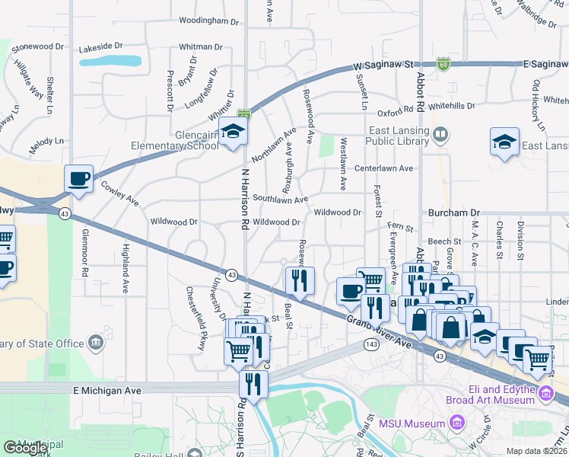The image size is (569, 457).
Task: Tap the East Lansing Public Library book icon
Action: coord(440,136)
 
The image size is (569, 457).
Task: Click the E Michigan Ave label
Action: coord(107,389)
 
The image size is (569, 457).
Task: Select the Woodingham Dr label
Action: coord(208,21)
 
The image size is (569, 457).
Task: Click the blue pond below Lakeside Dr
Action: coord(110,60)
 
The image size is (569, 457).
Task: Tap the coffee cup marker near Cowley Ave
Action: coord(79,179)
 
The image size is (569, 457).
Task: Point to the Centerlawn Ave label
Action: coord(383,168)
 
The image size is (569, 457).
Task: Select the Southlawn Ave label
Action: coord(281,199)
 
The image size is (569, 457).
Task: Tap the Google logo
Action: coord(25,448)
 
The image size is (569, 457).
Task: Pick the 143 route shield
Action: coord(371,345)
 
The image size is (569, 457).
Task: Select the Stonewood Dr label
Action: coord(38,46)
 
